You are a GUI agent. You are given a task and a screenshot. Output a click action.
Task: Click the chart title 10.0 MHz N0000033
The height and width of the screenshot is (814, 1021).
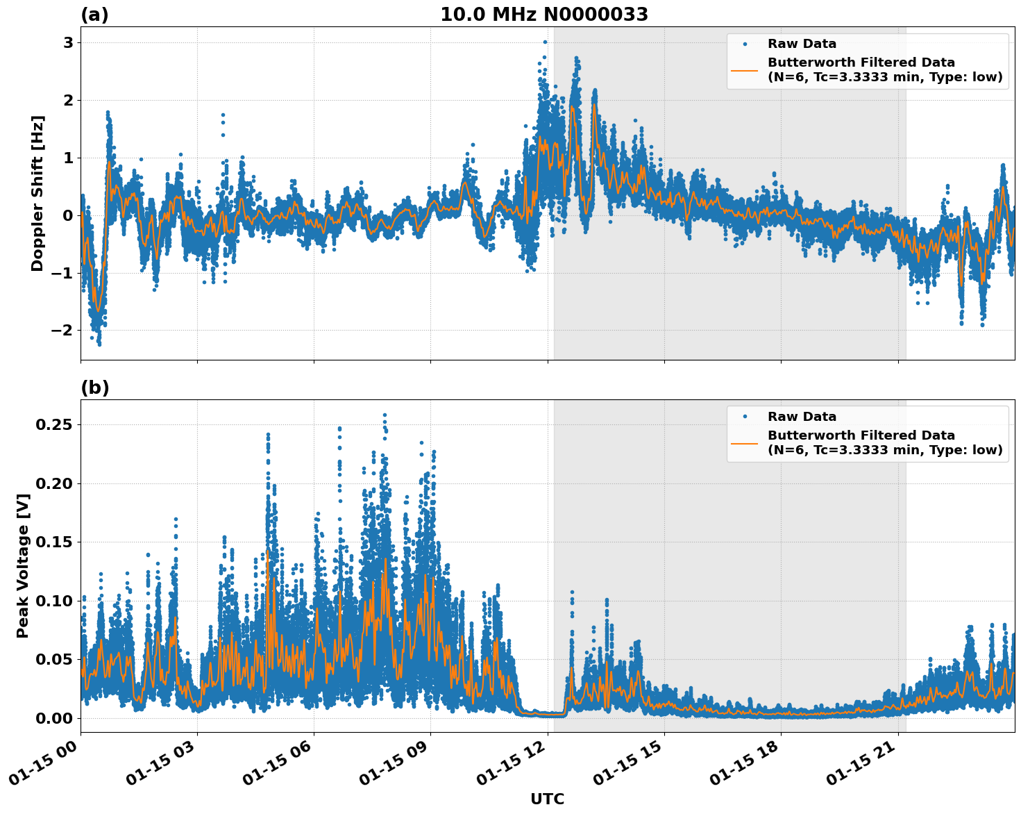(544, 15)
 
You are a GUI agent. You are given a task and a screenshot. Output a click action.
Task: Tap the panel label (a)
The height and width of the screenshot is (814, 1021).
(94, 15)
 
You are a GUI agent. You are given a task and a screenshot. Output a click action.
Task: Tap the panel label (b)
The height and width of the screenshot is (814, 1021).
(94, 388)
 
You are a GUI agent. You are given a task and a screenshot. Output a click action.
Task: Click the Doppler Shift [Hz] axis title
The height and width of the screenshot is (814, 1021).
(37, 193)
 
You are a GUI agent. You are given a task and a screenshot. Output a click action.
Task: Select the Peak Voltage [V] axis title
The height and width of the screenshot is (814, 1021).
(23, 566)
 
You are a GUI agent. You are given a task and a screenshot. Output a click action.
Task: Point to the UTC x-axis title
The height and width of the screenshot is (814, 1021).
(547, 799)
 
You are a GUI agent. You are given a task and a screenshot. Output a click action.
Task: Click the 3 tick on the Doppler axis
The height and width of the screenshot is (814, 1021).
(68, 43)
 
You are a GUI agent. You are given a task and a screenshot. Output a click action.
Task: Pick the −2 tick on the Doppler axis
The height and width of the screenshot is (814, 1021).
(62, 330)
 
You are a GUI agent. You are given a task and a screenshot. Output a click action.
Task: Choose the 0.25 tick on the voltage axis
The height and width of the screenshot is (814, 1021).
(57, 424)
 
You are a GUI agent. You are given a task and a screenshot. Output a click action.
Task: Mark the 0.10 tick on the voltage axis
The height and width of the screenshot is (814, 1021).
(57, 601)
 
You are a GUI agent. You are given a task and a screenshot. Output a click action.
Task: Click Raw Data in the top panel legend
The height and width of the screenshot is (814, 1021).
(802, 44)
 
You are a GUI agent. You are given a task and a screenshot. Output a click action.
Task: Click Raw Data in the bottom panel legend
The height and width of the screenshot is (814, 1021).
(802, 417)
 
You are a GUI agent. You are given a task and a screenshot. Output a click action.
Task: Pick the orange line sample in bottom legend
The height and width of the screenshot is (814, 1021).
(745, 442)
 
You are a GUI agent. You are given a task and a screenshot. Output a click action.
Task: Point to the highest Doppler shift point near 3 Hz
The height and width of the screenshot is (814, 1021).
(545, 42)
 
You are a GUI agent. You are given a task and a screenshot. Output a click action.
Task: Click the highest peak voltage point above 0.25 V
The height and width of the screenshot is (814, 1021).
(385, 415)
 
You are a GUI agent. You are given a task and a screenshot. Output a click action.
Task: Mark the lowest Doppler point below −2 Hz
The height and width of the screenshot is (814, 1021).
(99, 344)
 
